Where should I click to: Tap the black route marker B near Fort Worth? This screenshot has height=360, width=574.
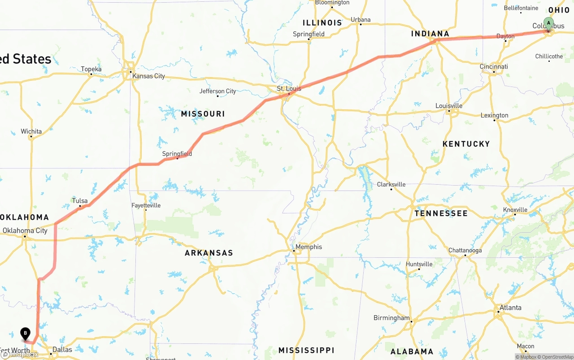tap(26, 333)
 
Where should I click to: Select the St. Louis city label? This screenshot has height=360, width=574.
tap(289, 89)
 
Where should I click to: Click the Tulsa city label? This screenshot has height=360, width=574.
tap(80, 200)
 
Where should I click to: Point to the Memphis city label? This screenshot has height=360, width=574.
tap(309, 247)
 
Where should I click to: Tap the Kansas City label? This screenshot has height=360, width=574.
tap(148, 76)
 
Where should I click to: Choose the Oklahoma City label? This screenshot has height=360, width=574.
tap(25, 231)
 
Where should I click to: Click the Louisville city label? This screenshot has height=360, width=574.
tap(448, 106)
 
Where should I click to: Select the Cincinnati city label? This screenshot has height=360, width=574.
tap(494, 67)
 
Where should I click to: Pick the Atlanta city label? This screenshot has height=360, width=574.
tap(510, 308)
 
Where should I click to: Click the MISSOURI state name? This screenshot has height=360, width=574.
tap(203, 114)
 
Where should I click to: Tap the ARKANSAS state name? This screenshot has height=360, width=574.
tap(209, 253)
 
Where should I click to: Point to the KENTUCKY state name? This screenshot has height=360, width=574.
tap(466, 144)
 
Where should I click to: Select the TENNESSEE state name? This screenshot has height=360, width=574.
tap(441, 213)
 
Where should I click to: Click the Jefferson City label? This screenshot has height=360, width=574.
tap(217, 91)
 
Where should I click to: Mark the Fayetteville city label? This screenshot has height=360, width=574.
tap(146, 206)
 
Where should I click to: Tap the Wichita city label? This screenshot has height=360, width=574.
tap(31, 131)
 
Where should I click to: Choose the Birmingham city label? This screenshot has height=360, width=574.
tap(391, 318)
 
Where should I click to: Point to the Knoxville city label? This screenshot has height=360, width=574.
tap(515, 210)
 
